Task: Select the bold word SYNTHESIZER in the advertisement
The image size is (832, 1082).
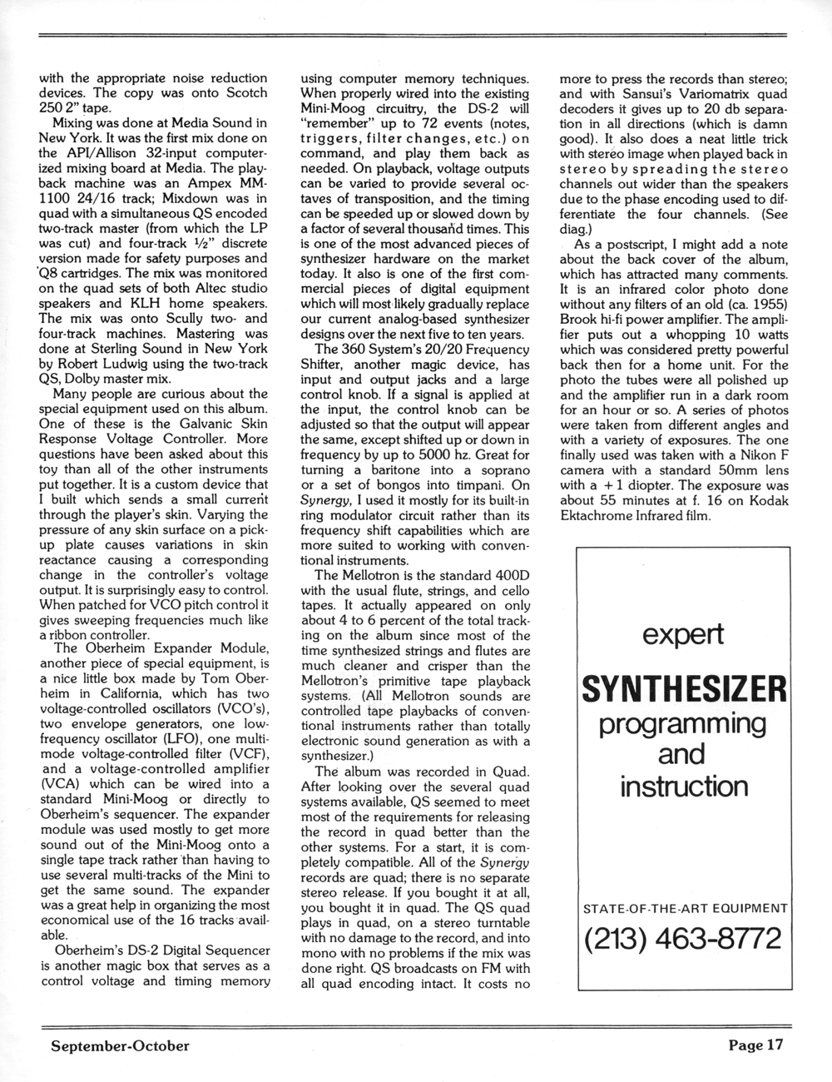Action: tap(683, 688)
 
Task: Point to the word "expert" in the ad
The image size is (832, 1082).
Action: tap(682, 635)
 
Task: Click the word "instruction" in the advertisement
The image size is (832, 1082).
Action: tap(682, 785)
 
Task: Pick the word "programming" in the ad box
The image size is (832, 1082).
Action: tap(682, 723)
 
